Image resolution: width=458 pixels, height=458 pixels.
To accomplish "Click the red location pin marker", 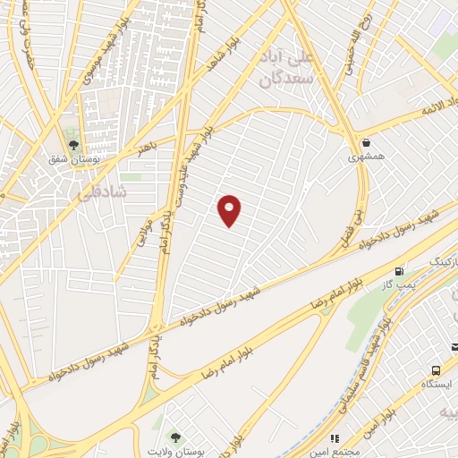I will pos(230,209).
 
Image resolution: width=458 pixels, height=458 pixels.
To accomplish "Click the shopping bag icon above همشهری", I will pos(366,142).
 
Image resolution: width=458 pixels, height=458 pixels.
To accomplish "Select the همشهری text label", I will pos(366,157).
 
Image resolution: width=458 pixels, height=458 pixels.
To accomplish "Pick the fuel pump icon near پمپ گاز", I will pos(399,271).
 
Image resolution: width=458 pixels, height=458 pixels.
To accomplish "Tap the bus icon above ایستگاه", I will pos(436,369).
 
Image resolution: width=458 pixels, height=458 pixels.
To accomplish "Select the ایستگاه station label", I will pos(437,384).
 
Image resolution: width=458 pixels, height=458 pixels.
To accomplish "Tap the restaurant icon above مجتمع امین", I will pos(335,438).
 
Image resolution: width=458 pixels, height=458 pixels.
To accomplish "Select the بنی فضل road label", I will pos(352,228).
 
